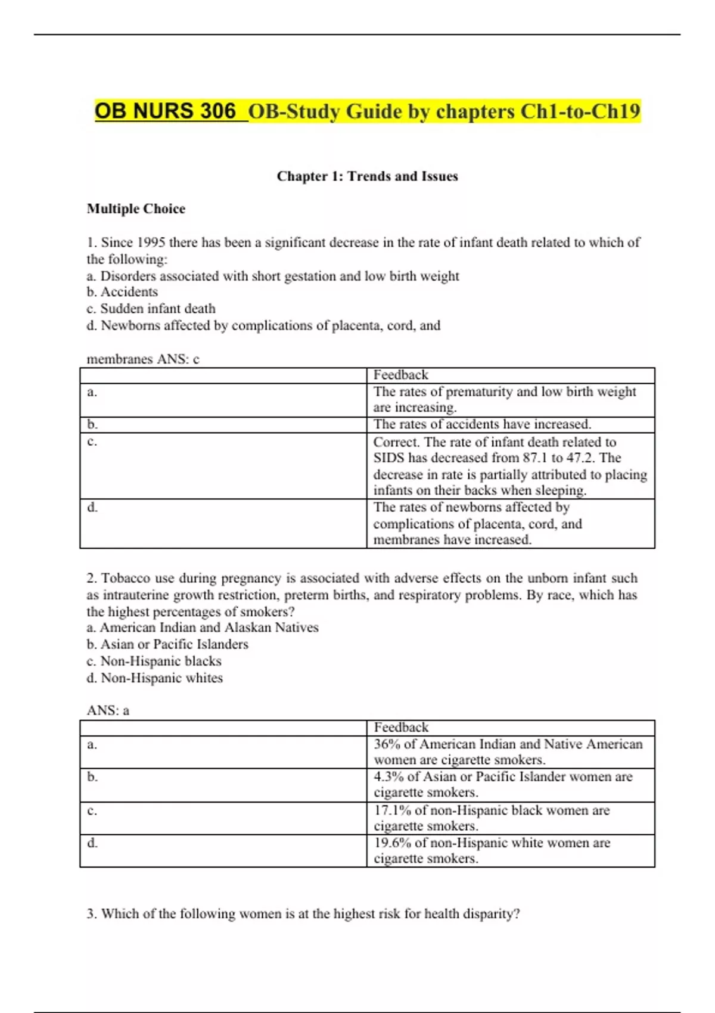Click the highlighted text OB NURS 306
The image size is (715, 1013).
pos(165,111)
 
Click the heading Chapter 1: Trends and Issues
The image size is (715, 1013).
pos(367,176)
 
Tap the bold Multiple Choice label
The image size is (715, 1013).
pos(136,209)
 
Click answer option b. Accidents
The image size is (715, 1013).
pos(122,292)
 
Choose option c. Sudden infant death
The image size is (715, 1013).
pos(151,309)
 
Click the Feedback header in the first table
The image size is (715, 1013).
pos(400,375)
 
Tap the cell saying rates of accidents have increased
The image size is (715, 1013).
pos(482,424)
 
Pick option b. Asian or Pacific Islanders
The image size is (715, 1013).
pos(167,644)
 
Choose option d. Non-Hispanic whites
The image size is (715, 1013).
pos(155,678)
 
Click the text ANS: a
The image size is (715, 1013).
pos(108,710)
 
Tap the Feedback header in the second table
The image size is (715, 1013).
pos(401,728)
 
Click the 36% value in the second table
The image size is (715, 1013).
pos(387,744)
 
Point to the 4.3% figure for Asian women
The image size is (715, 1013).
pos(389,777)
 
